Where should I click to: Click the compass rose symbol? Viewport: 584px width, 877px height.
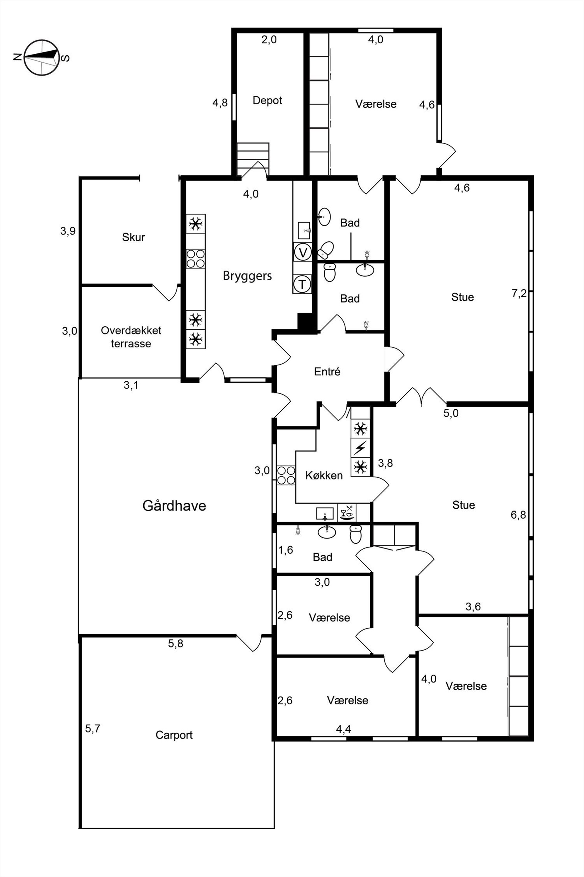coord(42,57)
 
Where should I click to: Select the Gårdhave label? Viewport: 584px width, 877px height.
coord(174,506)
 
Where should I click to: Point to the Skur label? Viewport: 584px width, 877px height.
coord(133,237)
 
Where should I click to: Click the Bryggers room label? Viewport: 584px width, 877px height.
coord(247,276)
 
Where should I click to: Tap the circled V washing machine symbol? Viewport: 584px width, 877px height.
coord(302,253)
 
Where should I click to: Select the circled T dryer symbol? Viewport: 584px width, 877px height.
coord(302,284)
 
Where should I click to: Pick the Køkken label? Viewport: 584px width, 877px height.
coord(324,475)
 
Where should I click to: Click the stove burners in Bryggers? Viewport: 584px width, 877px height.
coord(195,259)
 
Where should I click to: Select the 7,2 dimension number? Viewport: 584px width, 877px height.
coord(519,294)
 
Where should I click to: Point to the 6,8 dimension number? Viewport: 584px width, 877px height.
coord(518,515)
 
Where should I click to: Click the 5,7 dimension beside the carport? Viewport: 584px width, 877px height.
coord(93,728)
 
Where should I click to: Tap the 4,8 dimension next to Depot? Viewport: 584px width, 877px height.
coord(220,103)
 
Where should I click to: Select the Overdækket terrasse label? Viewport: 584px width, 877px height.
coord(131,337)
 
